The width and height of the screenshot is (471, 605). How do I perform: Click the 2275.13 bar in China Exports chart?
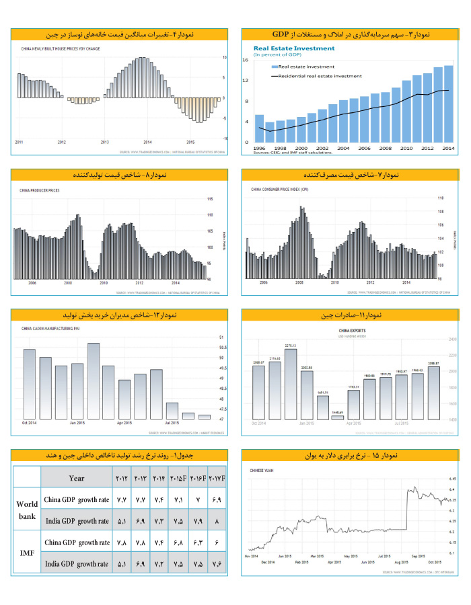coord(291,383)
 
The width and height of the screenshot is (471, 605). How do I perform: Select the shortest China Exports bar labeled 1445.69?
coord(337,417)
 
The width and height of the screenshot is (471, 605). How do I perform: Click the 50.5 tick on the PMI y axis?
coord(223,348)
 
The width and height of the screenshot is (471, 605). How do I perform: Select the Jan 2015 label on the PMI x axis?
coord(77,424)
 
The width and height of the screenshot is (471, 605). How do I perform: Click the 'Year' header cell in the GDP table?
coord(77,478)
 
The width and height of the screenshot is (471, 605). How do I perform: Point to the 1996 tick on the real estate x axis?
coord(260,148)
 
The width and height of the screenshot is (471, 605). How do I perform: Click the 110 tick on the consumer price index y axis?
coord(441,198)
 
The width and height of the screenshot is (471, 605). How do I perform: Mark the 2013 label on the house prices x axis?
coord(104,143)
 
